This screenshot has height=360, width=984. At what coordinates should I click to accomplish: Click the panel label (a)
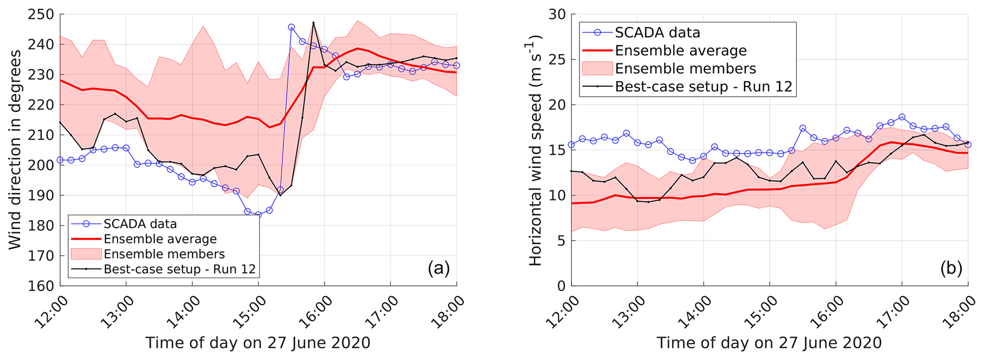(x=438, y=269)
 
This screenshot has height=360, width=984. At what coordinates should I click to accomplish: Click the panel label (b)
(x=951, y=269)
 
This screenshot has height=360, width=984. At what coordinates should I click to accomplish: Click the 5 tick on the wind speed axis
(x=561, y=241)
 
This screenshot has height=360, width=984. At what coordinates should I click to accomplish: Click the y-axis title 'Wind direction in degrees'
(x=15, y=150)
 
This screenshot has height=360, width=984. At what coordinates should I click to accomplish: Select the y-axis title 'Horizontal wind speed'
(x=536, y=150)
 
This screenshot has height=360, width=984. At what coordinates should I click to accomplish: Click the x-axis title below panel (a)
(x=258, y=343)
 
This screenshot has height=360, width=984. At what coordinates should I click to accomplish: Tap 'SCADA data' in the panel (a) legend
(x=140, y=224)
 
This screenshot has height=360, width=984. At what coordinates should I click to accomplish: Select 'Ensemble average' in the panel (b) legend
(x=681, y=50)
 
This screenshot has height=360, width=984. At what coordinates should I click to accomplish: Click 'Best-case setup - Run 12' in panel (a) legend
(x=179, y=269)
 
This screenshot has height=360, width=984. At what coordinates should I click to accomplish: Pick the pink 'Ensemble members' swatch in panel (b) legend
(x=597, y=69)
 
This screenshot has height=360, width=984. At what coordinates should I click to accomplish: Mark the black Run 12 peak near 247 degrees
(x=313, y=22)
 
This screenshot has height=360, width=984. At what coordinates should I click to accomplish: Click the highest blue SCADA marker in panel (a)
(x=291, y=27)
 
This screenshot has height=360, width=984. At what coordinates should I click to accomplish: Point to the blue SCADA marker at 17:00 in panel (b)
(x=902, y=117)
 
